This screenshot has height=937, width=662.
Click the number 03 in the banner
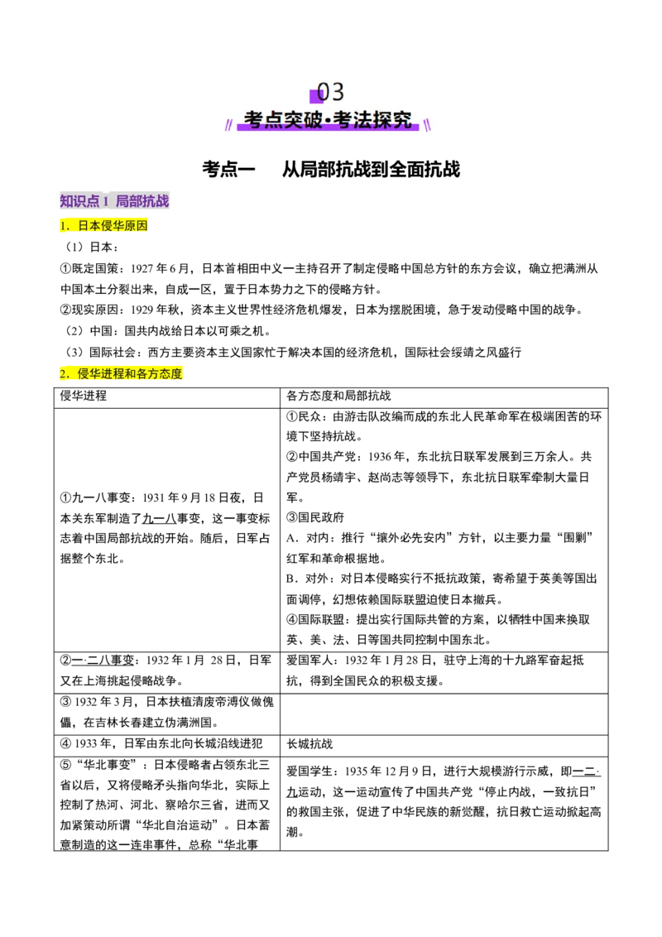click(331, 92)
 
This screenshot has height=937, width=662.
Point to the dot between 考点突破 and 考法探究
click(329, 121)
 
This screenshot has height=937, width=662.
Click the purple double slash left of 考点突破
click(228, 125)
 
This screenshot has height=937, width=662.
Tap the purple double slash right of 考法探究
click(427, 125)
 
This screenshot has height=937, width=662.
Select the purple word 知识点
click(79, 201)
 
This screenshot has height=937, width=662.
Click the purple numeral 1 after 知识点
click(106, 201)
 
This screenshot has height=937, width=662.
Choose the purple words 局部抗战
click(143, 201)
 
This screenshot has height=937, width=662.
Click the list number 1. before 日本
click(65, 225)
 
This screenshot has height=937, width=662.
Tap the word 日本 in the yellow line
click(89, 225)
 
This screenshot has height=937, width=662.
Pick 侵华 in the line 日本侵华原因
click(113, 225)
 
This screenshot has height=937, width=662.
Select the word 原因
click(137, 225)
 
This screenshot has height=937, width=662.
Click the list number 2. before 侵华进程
click(65, 374)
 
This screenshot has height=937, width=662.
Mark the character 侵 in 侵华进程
click(84, 374)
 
